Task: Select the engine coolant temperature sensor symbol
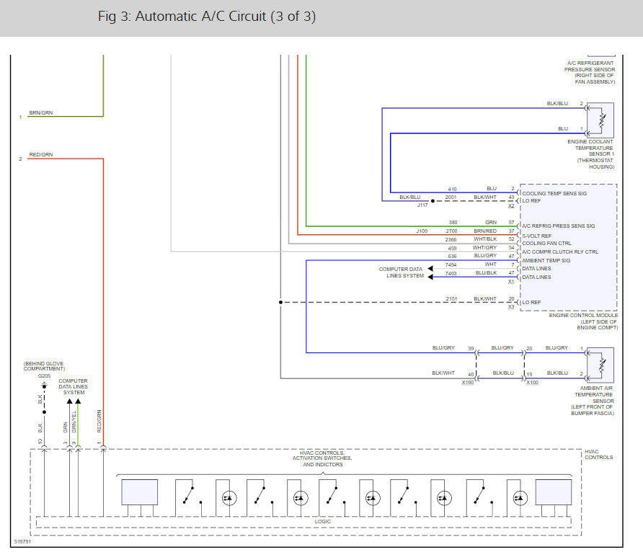point(600,120)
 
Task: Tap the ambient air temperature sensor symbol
point(600,365)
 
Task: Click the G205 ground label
point(44,376)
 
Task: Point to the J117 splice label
point(422,205)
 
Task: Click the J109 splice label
point(422,231)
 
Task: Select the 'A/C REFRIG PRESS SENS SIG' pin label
point(558,226)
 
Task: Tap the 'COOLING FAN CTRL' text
point(546,243)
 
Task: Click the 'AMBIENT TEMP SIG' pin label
point(546,260)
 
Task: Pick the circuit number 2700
point(451,231)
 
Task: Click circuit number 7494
point(451,265)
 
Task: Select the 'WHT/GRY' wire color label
point(484,248)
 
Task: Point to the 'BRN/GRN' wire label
point(41,112)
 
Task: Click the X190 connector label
point(468,383)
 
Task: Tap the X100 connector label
point(532,383)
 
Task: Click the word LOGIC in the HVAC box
point(323,522)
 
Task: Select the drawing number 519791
point(22,541)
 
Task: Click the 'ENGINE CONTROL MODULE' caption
point(583,315)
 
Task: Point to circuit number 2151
point(451,299)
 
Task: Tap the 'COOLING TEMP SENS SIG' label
point(554,193)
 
